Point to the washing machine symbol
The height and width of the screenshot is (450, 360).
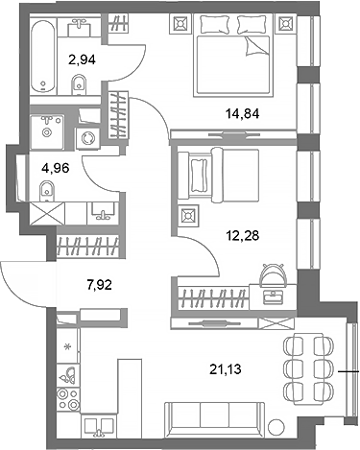point(90,138)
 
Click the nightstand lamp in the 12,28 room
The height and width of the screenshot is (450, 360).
point(188,218)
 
